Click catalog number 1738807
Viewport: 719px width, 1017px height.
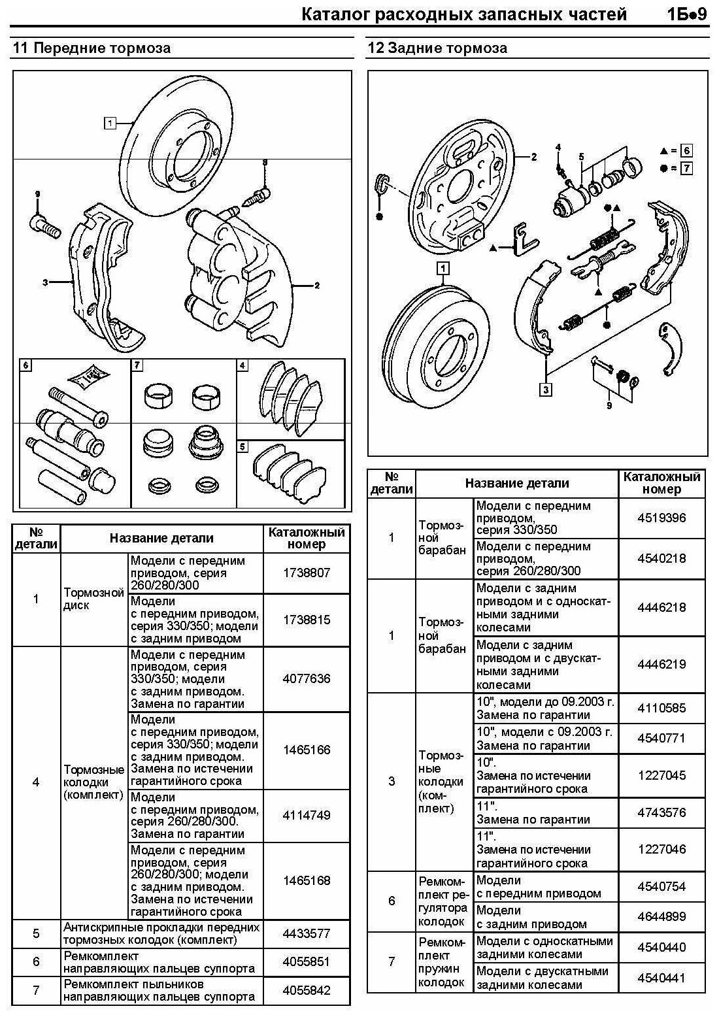coord(307,573)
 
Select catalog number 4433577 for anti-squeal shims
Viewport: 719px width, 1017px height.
coord(307,933)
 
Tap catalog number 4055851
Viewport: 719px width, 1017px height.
coord(307,961)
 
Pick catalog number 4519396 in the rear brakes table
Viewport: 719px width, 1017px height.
coord(661,518)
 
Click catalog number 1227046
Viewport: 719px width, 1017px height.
coord(661,849)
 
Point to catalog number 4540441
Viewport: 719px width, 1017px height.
coord(661,978)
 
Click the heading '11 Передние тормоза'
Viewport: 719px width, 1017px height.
coord(92,48)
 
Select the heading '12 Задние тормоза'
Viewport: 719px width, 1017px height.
coord(437,48)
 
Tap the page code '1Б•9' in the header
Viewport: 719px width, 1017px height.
coord(688,14)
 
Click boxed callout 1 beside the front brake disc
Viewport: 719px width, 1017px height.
coord(110,122)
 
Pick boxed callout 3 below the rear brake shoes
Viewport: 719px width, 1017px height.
coord(545,390)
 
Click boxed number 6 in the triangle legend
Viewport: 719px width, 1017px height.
coord(685,150)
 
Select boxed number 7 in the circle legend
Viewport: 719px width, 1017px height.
coord(685,168)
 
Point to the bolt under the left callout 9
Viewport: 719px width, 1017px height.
coord(44,225)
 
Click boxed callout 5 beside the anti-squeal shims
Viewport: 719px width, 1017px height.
coord(242,447)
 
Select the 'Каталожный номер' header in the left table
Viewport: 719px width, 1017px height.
coord(307,538)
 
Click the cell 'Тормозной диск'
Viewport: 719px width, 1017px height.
coord(93,599)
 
